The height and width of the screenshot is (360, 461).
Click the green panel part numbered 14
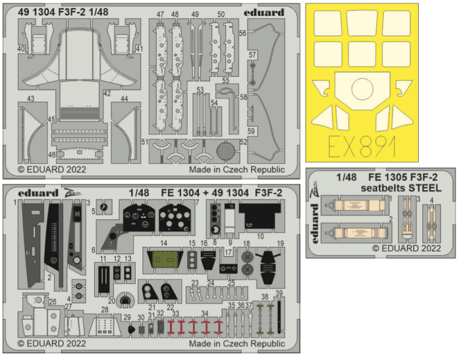[x=164, y=261]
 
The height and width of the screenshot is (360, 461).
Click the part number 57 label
[x=252, y=54]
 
